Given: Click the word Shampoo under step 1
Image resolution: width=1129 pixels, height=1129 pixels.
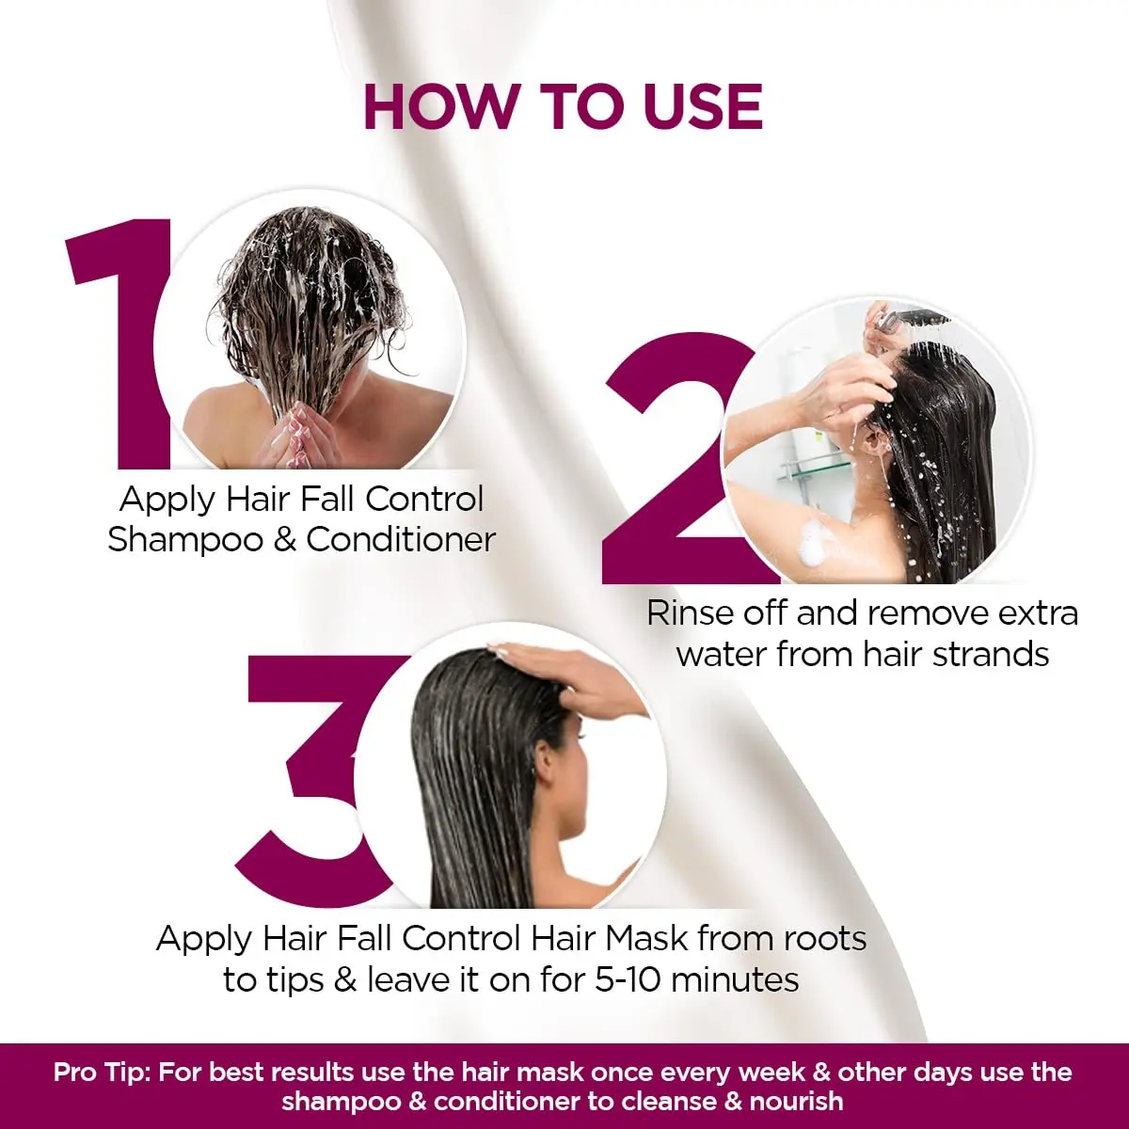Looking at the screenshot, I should (x=184, y=540).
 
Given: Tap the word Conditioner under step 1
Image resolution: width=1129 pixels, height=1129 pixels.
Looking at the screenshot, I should (x=401, y=540).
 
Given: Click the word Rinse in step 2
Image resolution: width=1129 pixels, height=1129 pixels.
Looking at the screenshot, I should (x=689, y=613).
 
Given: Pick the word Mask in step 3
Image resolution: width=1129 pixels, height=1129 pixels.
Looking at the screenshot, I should (x=646, y=938).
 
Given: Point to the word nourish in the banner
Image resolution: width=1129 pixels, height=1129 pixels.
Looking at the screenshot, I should (x=797, y=1101).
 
